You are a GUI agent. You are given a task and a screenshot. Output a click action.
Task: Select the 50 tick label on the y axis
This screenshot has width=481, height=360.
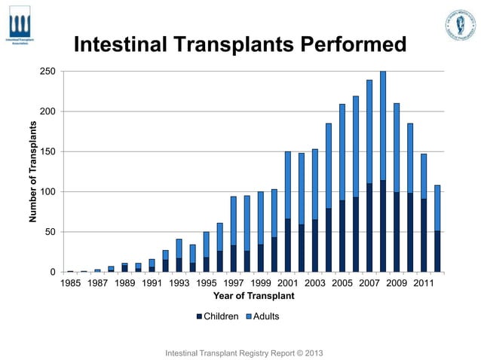(49, 232)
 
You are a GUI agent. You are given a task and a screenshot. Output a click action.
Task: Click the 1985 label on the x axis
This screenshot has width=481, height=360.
(71, 284)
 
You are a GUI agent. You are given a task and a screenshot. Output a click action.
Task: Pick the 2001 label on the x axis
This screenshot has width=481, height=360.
(289, 284)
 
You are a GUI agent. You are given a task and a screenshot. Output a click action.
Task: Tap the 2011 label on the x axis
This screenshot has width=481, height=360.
(424, 284)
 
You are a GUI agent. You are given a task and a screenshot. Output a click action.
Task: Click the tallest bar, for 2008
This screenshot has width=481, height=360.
(383, 173)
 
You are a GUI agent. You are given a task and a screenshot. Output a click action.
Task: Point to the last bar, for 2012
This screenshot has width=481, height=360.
(437, 226)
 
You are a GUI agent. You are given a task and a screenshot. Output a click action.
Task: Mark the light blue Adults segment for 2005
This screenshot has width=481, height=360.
(342, 151)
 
